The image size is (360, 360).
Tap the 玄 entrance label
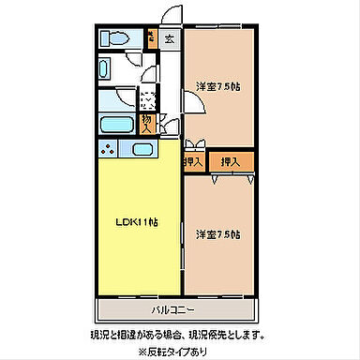pos(169,38)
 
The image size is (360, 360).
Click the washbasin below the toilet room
pos(106,69)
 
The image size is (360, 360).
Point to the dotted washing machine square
pos(148,96)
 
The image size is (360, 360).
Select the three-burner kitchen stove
pos(109,150)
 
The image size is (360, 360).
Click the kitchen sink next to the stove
pos(142,150)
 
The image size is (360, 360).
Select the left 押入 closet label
pos(193,161)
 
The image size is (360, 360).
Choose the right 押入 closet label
pos(230,161)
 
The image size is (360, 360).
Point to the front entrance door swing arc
pos(169,17)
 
